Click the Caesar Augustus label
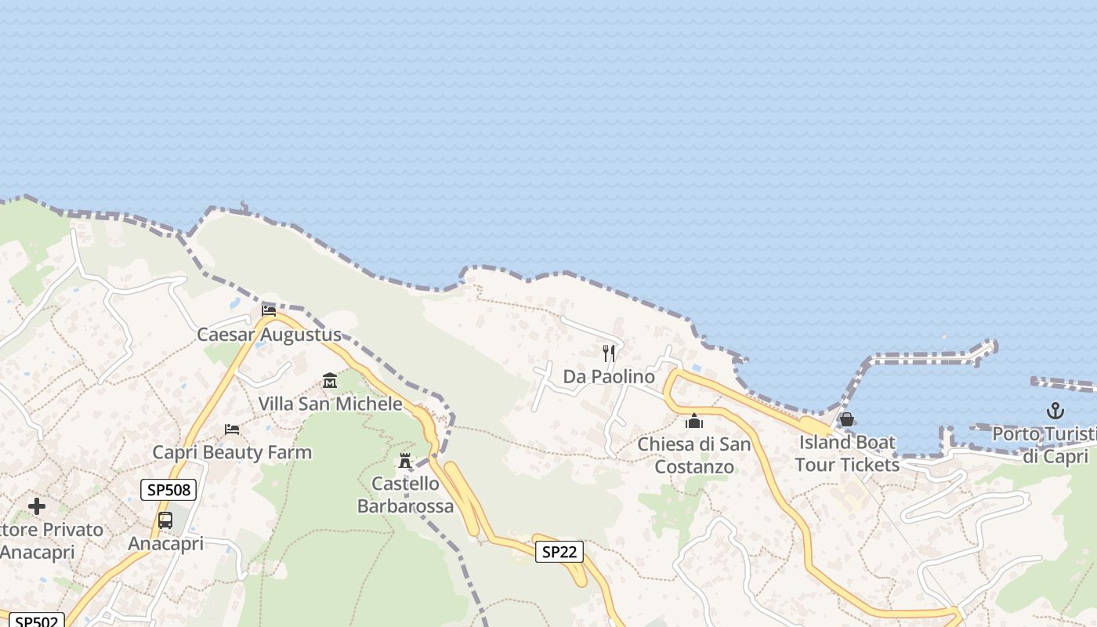pos(269,335)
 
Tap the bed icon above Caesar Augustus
pos(269,310)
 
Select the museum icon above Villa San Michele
pos(330,381)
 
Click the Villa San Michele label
pos(330,404)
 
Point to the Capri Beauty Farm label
pos(232,452)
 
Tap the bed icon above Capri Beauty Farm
pos(232,429)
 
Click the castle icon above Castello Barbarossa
pos(405,460)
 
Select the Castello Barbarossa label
pos(405,495)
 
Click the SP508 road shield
pos(168,491)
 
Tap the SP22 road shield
pos(559,552)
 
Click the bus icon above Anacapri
pos(165,520)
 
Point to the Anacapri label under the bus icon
pos(165,543)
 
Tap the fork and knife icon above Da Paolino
pos(609,353)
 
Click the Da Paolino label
pos(609,377)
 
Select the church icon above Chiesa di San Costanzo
pos(694,422)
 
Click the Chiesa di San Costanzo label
pos(694,455)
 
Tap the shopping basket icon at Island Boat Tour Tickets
pos(847,419)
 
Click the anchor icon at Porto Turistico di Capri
pos(1055,411)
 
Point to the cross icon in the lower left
pos(37,506)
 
